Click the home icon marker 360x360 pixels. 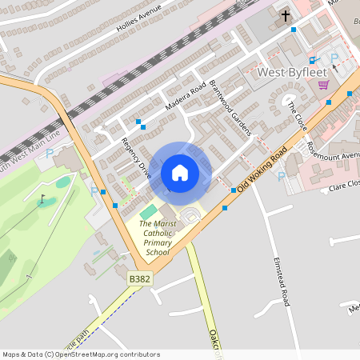[x=180, y=172]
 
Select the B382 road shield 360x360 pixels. [x=138, y=278]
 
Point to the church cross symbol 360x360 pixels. [x=286, y=16]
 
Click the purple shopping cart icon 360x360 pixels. [x=323, y=84]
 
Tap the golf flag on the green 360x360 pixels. [x=42, y=199]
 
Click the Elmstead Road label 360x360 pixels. [x=279, y=279]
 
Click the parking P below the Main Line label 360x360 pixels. [x=49, y=153]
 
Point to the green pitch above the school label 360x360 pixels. [x=148, y=211]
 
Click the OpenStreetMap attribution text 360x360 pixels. [x=80, y=354]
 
